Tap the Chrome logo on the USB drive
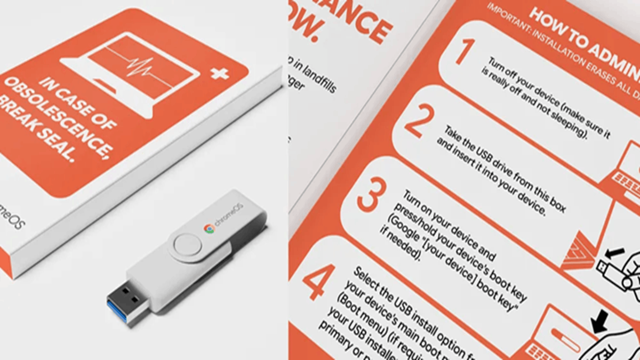(209, 228)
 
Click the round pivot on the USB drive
(187, 246)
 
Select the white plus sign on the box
(219, 73)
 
